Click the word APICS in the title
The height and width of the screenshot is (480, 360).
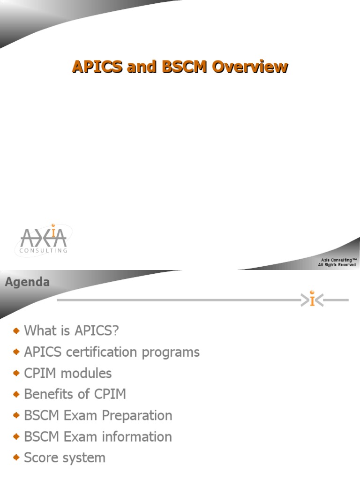click(x=97, y=67)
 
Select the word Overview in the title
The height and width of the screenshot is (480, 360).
click(x=249, y=67)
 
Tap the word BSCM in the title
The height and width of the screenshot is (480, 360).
click(x=185, y=67)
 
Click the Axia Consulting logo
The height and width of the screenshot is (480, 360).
click(x=44, y=240)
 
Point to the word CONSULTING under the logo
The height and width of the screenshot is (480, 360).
click(x=44, y=251)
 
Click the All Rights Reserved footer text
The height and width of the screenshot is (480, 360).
click(x=337, y=265)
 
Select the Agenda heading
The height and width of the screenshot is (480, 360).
click(x=27, y=282)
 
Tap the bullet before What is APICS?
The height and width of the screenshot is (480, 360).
click(x=16, y=330)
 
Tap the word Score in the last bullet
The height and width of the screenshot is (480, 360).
click(x=40, y=457)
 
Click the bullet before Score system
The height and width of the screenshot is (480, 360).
click(x=16, y=457)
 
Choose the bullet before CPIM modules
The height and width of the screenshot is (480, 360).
click(x=16, y=373)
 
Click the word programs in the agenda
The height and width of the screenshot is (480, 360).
click(x=173, y=352)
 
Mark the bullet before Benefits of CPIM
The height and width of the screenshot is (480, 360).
click(x=16, y=394)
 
